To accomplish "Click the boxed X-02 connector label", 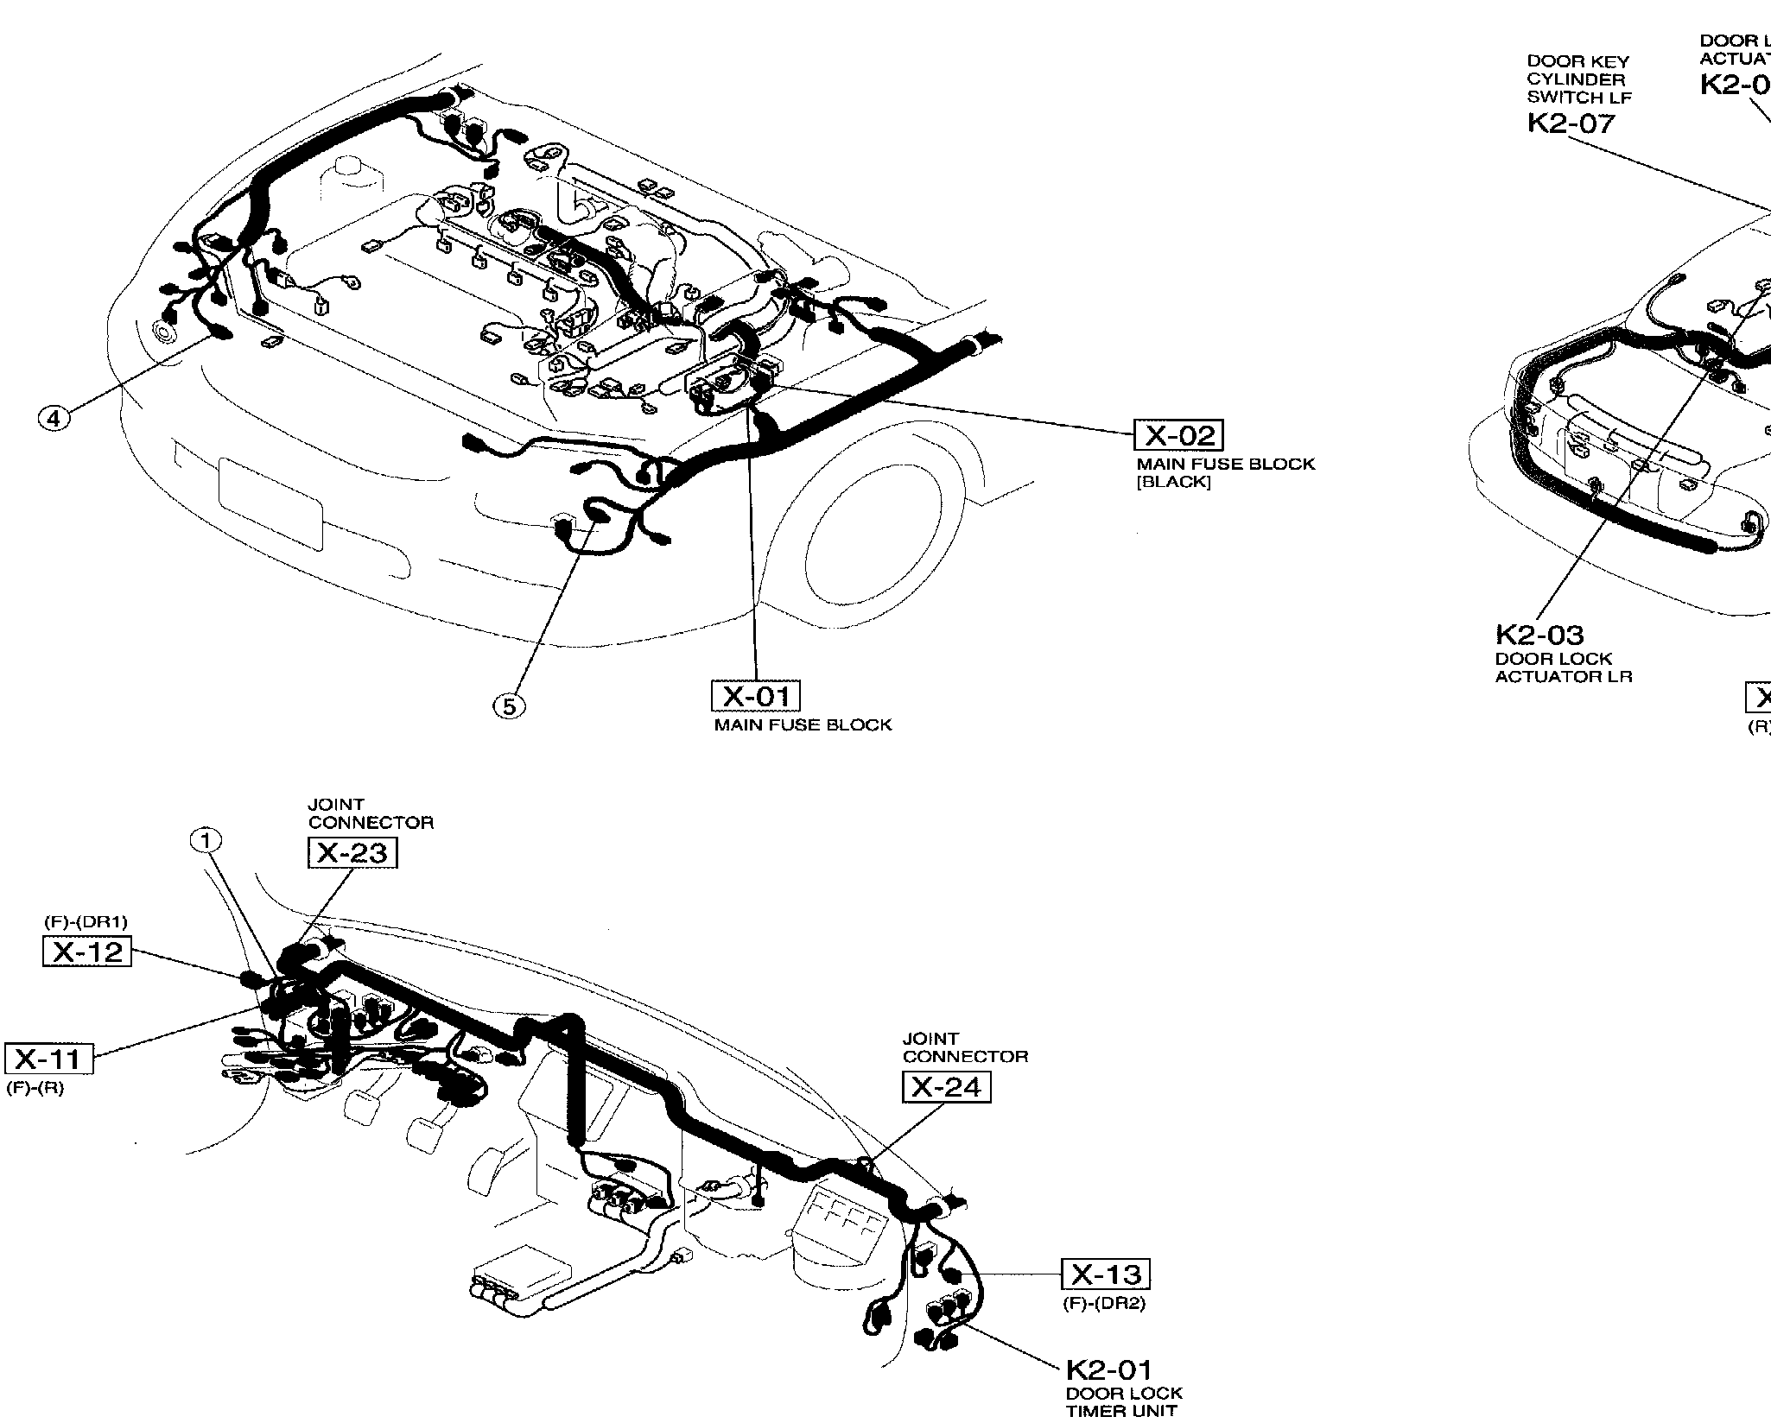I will click(1179, 435).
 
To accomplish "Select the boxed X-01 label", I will click(755, 696).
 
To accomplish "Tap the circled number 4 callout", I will click(54, 418).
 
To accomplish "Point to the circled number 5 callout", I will click(509, 706).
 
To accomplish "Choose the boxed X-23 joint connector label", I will click(352, 853).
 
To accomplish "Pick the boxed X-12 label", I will click(87, 952).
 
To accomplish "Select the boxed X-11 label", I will click(48, 1059).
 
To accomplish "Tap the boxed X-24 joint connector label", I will click(946, 1086).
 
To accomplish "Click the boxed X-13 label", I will click(1106, 1274).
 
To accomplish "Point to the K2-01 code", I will click(1108, 1369).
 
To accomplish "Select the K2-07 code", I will click(1571, 123).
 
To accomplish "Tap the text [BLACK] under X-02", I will click(1173, 483).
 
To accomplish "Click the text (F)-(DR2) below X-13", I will click(1103, 1304).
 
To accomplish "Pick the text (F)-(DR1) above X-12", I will click(86, 922).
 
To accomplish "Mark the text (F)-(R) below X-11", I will click(35, 1088).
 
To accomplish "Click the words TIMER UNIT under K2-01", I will click(1120, 1411).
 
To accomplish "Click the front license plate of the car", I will click(270, 503).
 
